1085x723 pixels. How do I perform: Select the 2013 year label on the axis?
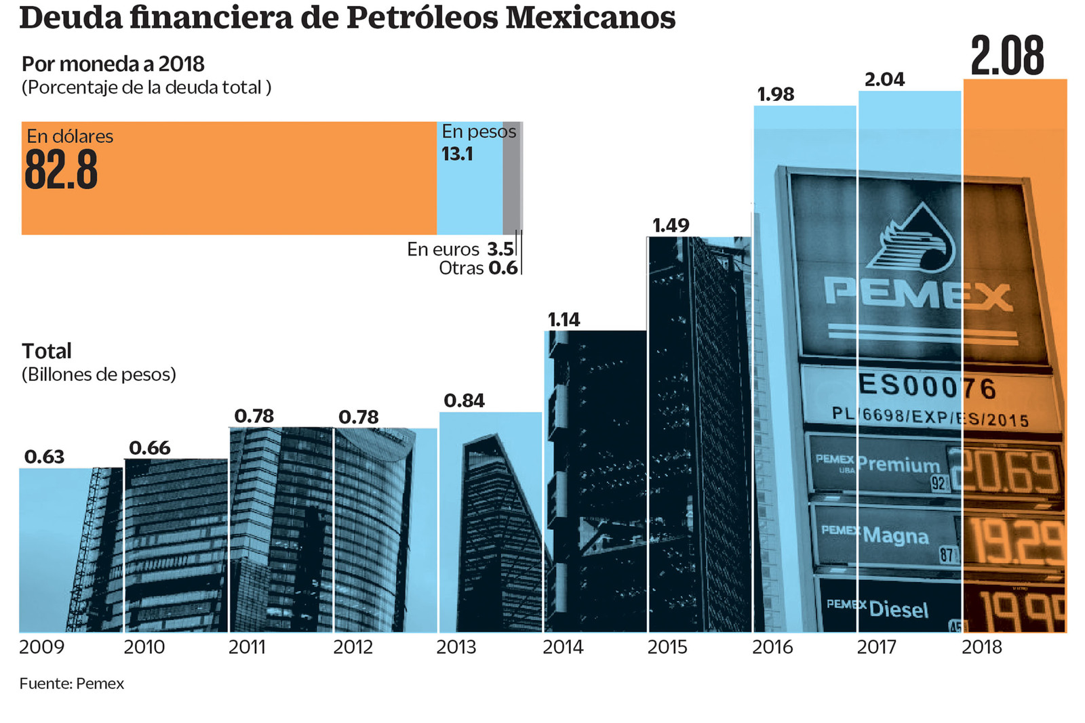coord(456,647)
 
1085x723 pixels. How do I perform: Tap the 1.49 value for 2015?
coord(670,225)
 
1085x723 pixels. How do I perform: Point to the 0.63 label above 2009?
coord(44,457)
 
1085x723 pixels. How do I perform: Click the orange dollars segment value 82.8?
coord(61,170)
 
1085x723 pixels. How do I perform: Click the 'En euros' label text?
coord(443,249)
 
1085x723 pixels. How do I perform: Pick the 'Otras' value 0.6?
coord(503,268)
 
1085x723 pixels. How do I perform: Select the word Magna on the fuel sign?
coord(895,535)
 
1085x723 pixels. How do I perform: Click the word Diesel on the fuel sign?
coord(899,608)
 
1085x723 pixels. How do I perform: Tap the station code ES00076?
coord(927,387)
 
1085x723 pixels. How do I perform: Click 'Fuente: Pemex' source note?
coord(71,684)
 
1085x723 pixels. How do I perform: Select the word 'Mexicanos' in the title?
coord(591,18)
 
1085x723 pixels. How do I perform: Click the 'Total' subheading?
coord(46,351)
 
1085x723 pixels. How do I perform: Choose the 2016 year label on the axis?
coord(772,647)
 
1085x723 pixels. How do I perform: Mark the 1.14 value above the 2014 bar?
coord(564,319)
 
